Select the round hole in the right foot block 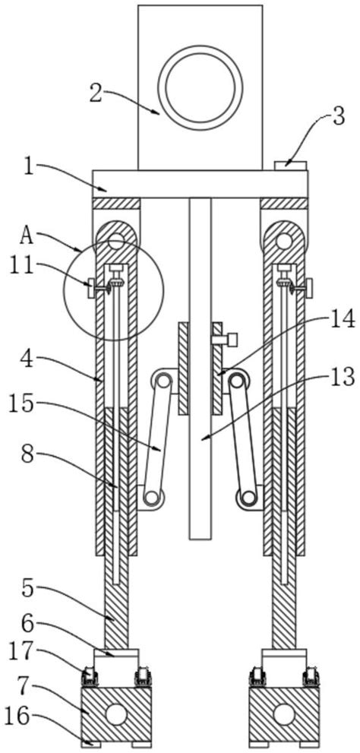tap(283, 713)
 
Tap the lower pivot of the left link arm tap(153, 498)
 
